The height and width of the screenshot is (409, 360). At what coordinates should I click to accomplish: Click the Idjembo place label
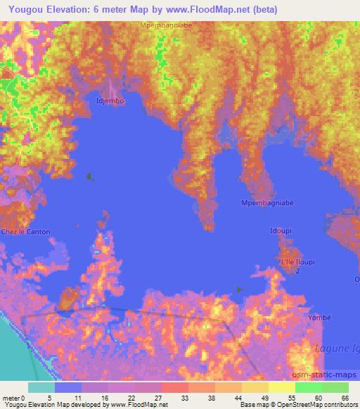tap(110, 101)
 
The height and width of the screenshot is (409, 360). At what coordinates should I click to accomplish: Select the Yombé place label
tap(318, 318)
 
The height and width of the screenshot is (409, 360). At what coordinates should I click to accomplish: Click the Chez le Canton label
tap(20, 232)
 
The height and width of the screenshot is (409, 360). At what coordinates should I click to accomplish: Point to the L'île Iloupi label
tap(296, 261)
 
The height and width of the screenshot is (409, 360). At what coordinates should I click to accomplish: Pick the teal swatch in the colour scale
tap(41, 387)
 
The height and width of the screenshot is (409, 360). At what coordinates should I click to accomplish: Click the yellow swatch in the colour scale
tap(281, 387)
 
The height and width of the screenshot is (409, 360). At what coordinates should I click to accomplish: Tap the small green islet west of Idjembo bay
tap(89, 176)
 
